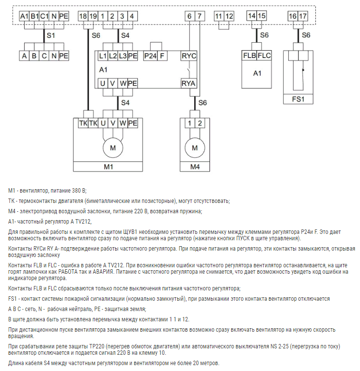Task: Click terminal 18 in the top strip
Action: click(x=83, y=16)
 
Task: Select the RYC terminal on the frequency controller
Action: click(x=189, y=56)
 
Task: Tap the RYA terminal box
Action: click(x=189, y=84)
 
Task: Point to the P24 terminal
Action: click(x=150, y=56)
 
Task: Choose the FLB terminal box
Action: click(x=249, y=56)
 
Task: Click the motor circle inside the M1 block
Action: click(x=113, y=147)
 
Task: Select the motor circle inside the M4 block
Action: click(x=195, y=147)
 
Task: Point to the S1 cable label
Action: click(x=51, y=35)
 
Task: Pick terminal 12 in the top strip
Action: click(x=229, y=16)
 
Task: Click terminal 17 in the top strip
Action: click(x=303, y=16)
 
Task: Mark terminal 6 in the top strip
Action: click(x=189, y=16)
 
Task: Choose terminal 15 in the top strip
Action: click(x=262, y=16)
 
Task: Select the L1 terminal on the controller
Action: click(x=103, y=56)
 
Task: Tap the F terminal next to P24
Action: click(x=162, y=56)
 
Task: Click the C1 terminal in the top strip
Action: click(x=44, y=16)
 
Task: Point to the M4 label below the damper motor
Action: click(x=195, y=167)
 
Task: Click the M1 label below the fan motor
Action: click(x=109, y=167)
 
